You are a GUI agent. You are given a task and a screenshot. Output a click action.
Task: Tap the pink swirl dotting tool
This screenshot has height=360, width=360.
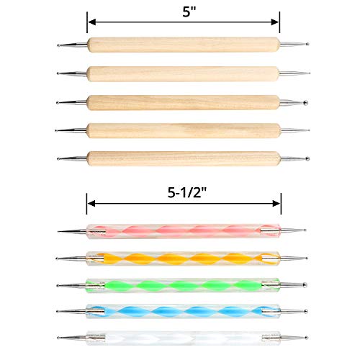183,232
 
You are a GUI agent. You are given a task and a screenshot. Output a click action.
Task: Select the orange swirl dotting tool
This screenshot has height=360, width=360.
183,257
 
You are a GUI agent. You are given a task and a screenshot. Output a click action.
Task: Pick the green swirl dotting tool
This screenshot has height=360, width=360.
183,283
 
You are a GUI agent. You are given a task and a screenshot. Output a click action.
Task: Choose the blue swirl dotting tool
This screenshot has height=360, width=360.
183,310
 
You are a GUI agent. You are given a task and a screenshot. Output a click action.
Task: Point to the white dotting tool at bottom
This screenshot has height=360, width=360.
183,336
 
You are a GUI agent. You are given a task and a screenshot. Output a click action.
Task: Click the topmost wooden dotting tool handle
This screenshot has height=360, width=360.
183,45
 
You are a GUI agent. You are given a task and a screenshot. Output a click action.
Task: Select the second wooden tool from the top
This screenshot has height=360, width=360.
183,73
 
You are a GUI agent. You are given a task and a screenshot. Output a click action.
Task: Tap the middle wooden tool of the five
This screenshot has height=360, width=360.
183,101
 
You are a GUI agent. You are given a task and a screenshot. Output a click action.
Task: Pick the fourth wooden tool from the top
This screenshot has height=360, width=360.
183,130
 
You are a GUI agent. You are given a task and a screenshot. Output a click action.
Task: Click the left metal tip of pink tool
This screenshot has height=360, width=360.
69,231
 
